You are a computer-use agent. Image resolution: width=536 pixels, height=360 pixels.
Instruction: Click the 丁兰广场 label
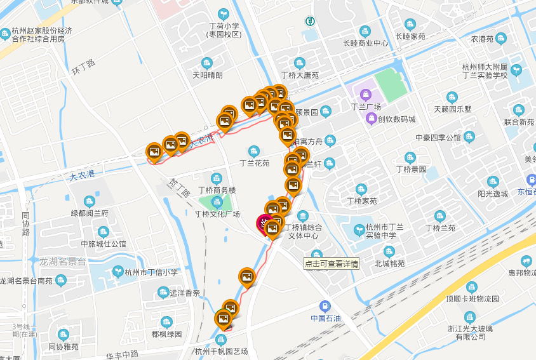[365, 107]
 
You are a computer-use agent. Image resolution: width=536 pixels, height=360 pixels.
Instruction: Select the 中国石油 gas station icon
[326, 306]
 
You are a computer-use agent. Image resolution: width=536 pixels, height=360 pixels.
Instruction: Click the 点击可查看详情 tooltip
[332, 263]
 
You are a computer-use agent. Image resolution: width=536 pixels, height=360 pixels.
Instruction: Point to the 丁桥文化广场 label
[217, 214]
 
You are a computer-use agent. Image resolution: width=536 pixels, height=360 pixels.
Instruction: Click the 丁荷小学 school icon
[223, 14]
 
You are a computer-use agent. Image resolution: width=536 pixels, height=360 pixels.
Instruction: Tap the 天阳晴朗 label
[208, 74]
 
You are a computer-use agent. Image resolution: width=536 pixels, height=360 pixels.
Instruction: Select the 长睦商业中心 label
[365, 43]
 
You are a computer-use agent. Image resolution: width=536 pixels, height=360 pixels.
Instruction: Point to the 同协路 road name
[25, 223]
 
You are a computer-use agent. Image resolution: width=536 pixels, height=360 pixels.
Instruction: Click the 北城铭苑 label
[389, 263]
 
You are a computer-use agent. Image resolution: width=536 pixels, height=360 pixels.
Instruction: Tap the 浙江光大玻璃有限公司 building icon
[471, 317]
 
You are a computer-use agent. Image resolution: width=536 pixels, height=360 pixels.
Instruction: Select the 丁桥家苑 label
[361, 201]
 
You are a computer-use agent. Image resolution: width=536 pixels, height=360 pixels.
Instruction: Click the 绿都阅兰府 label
[90, 213]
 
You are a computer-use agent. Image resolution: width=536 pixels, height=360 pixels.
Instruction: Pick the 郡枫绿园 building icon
[166, 322]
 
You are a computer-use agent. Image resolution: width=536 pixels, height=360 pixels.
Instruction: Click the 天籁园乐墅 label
[453, 109]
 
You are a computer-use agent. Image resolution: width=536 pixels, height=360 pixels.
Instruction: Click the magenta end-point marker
[263, 224]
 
